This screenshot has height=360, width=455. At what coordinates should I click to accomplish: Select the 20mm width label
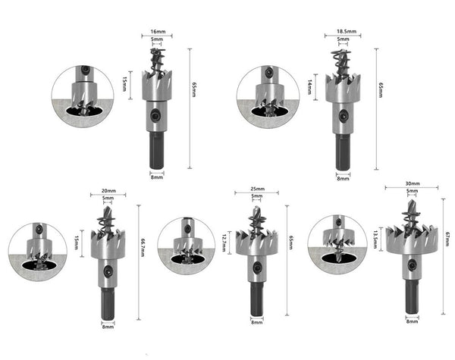(108, 191)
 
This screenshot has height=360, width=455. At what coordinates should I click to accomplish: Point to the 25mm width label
(256, 189)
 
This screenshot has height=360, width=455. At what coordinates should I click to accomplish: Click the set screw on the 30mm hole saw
(412, 265)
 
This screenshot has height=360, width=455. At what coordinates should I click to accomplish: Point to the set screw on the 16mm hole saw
(156, 116)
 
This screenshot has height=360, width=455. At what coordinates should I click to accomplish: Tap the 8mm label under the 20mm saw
(108, 327)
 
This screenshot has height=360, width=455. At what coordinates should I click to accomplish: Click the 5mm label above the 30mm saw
(412, 192)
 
